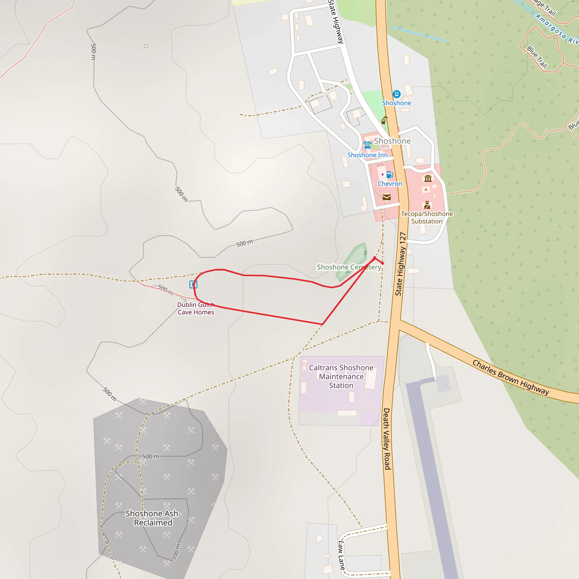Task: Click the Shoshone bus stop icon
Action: pyautogui.click(x=396, y=94)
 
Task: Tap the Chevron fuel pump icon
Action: pyautogui.click(x=389, y=175)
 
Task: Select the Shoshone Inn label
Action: pyautogui.click(x=367, y=155)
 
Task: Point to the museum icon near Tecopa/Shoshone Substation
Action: pyautogui.click(x=428, y=179)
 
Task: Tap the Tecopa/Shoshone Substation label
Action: pyautogui.click(x=427, y=218)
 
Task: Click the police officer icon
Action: pyautogui.click(x=427, y=205)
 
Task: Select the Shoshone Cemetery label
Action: pyautogui.click(x=349, y=267)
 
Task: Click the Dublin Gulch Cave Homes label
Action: pyautogui.click(x=196, y=308)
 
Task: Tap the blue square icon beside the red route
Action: pyautogui.click(x=193, y=284)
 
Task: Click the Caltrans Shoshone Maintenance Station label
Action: pyautogui.click(x=341, y=376)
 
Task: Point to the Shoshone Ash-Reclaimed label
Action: pyautogui.click(x=153, y=518)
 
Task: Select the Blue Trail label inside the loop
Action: pyautogui.click(x=537, y=57)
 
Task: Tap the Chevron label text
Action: pyautogui.click(x=390, y=184)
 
